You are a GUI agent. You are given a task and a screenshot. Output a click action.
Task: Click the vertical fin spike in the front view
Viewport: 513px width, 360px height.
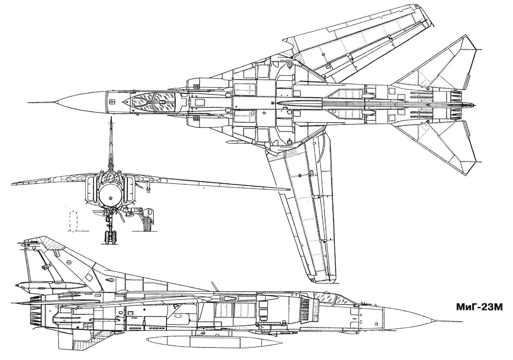pos(111,141)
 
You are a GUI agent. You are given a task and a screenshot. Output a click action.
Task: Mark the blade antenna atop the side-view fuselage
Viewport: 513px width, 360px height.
pos(212,285)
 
